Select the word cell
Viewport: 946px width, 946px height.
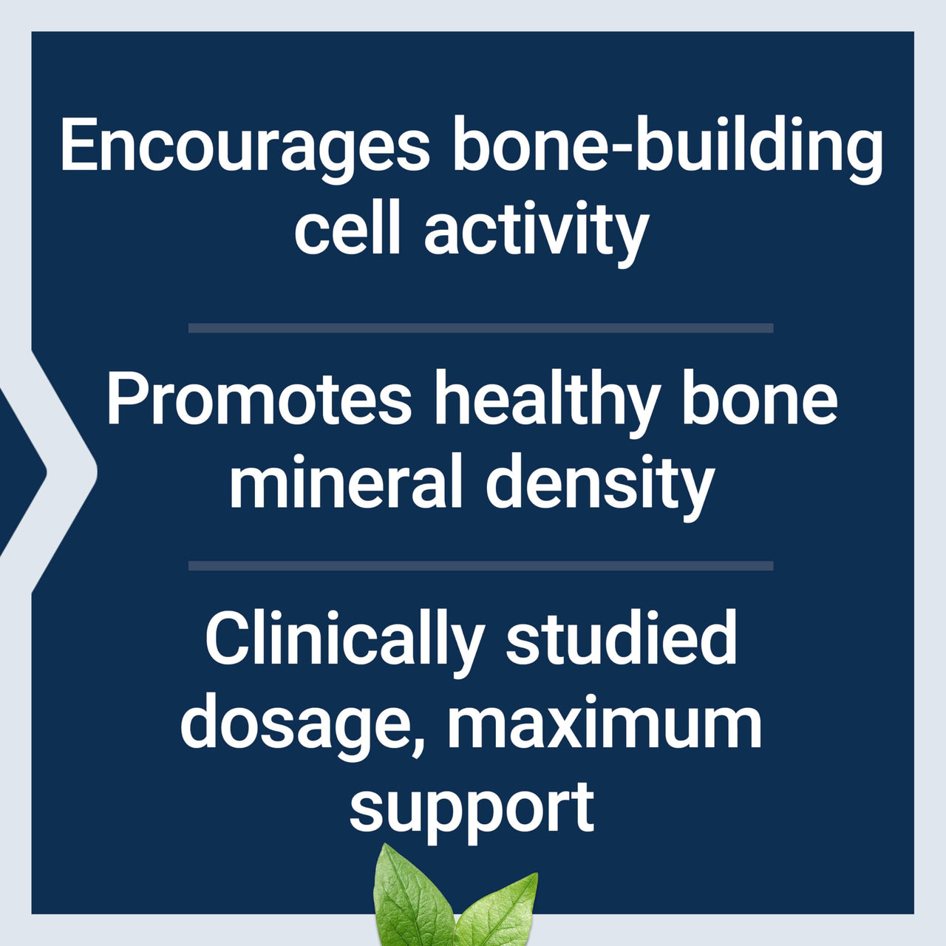click(347, 230)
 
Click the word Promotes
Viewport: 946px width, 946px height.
click(259, 400)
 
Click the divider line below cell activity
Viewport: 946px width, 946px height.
click(480, 328)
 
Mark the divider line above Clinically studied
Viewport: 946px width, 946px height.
click(480, 566)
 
